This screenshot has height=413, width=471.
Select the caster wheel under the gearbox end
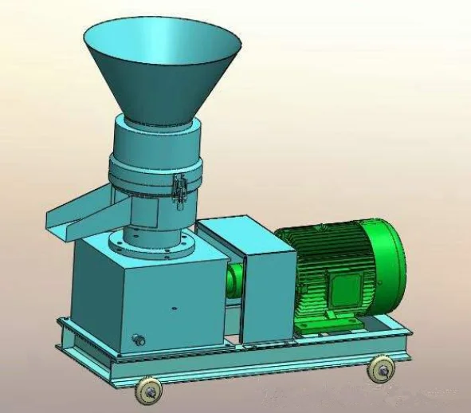click(149, 389)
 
